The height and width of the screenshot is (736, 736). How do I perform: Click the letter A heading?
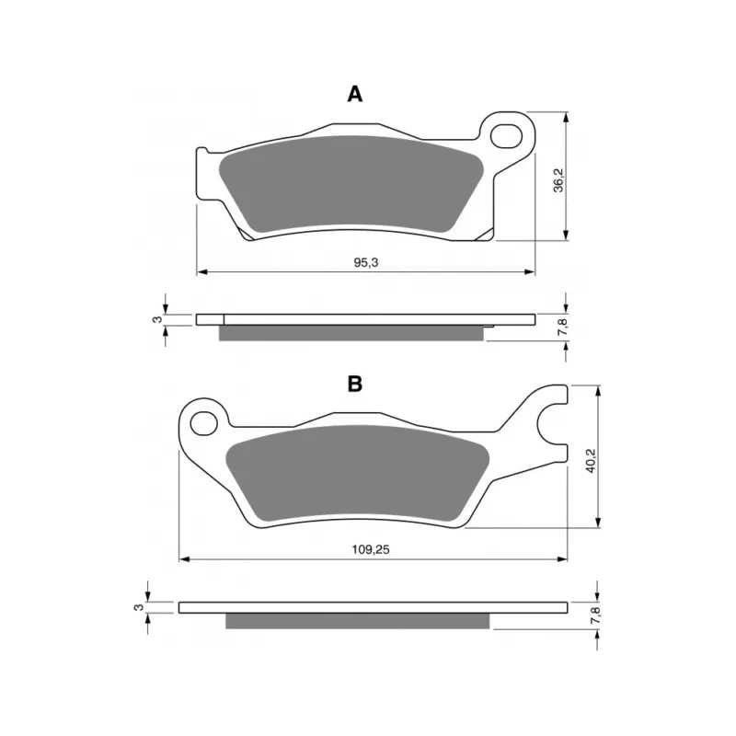coord(355,95)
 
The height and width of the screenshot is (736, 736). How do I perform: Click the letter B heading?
coord(355,384)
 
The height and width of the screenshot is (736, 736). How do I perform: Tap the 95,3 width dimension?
coord(365,263)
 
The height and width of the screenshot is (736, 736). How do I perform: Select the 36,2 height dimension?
coord(558,179)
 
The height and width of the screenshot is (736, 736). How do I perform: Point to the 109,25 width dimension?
coord(371,549)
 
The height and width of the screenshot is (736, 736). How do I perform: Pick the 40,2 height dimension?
coord(591,460)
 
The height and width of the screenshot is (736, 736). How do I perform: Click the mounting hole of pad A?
coord(506,136)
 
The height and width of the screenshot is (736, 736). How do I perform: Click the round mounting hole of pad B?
coord(203,423)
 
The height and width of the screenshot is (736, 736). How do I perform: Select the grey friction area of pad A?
coord(352,184)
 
